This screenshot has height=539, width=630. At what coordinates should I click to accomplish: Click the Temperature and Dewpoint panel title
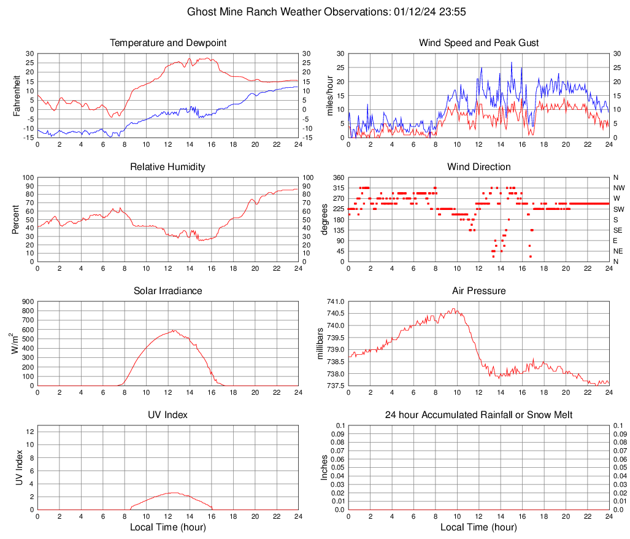168,43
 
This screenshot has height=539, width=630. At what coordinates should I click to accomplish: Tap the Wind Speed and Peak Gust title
479,43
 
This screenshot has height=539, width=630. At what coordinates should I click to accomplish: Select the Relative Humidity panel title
168,167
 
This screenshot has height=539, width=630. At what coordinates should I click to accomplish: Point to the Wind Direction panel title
479,167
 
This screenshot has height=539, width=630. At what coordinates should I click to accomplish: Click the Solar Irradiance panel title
168,291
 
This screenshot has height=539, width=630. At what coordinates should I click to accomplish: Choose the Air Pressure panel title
479,291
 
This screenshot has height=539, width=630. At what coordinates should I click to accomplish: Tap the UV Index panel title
168,415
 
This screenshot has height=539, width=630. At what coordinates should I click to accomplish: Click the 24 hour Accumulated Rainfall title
479,415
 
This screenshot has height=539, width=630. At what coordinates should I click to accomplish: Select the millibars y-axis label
320,343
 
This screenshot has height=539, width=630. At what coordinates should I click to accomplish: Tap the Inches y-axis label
325,467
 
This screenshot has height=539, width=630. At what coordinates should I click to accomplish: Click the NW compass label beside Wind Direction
619,188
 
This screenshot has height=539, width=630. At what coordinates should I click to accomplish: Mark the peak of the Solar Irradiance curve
174,330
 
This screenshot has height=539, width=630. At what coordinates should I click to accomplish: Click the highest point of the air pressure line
454,308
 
